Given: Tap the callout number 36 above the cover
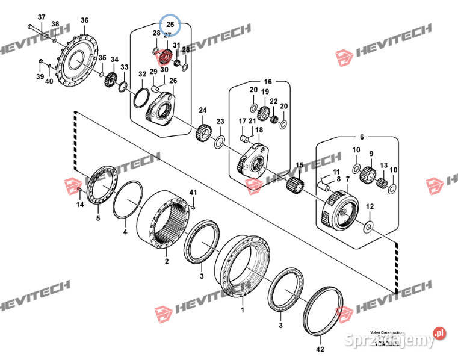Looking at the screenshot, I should tap(84, 20).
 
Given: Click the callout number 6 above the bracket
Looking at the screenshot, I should tap(362, 138).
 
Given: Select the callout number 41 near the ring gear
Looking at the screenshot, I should tap(193, 192).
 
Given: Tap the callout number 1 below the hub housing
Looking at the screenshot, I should tap(243, 310).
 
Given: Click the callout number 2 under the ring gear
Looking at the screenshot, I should tap(167, 261).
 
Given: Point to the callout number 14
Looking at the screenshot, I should tap(80, 205).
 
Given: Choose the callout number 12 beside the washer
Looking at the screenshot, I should tap(370, 206).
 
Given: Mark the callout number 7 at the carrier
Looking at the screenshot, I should tap(347, 179).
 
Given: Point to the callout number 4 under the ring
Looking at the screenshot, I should tap(125, 231).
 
